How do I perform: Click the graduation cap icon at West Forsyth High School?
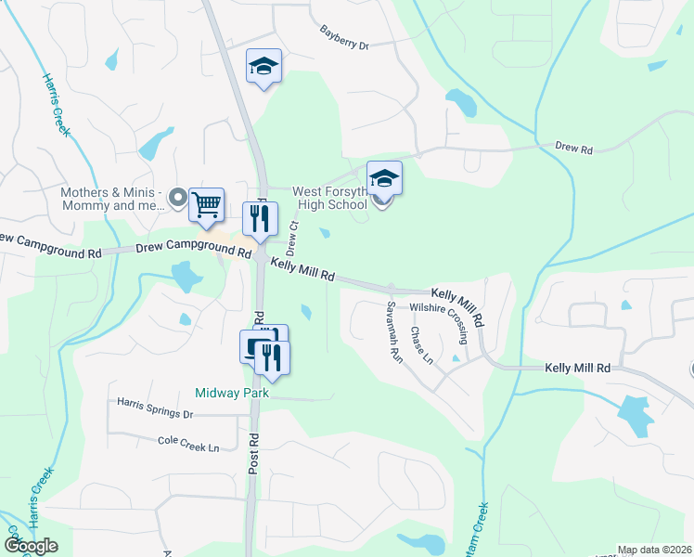point(384,176)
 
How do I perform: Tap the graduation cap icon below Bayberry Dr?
point(263,67)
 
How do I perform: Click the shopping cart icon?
point(207,204)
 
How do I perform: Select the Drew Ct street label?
point(293,238)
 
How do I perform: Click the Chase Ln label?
point(421,346)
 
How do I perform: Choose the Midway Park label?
point(232,393)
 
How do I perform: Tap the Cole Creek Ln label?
point(188,447)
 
